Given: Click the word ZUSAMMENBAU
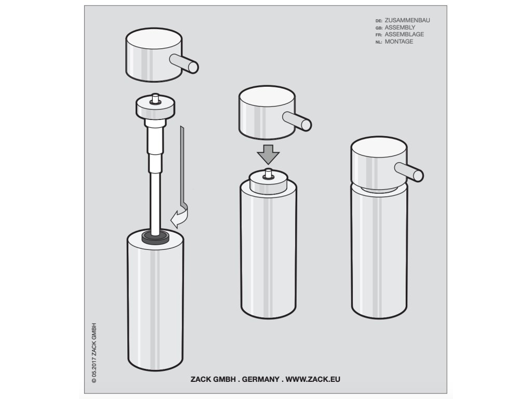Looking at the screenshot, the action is pyautogui.click(x=407, y=20).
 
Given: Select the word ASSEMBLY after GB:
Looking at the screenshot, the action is pyautogui.click(x=400, y=28).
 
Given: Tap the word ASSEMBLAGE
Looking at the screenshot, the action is pyautogui.click(x=404, y=34).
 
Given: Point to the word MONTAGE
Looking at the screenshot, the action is pyautogui.click(x=399, y=42).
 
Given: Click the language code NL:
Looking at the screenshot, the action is pyautogui.click(x=379, y=42).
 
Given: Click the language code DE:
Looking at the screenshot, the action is pyautogui.click(x=379, y=21).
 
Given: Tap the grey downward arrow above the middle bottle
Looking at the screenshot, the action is pyautogui.click(x=268, y=154).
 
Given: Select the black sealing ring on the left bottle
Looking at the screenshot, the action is pyautogui.click(x=155, y=237).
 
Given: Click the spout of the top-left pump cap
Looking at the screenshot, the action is pyautogui.click(x=184, y=63).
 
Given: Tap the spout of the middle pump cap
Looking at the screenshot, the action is pyautogui.click(x=297, y=121).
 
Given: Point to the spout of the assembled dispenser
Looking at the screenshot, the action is pyautogui.click(x=409, y=171).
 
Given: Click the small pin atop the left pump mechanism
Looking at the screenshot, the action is pyautogui.click(x=155, y=98).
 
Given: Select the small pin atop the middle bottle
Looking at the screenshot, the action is pyautogui.click(x=268, y=173).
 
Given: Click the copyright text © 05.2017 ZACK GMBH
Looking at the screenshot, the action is pyautogui.click(x=94, y=353).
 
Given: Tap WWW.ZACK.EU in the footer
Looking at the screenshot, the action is pyautogui.click(x=312, y=379).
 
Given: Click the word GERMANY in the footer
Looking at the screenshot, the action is pyautogui.click(x=261, y=379).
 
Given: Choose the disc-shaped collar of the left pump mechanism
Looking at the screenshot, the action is pyautogui.click(x=155, y=107).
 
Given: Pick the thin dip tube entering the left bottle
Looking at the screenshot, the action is pyautogui.click(x=155, y=203).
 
